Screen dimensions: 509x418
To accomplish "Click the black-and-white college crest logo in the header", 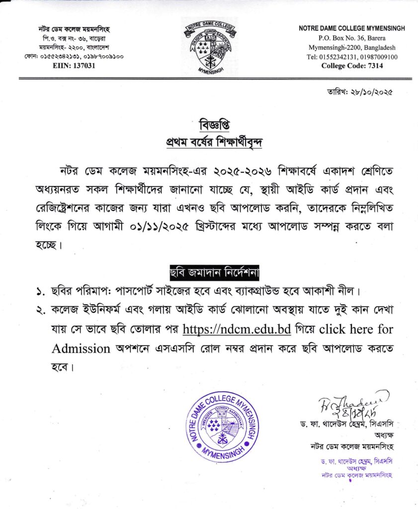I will tap(209, 48).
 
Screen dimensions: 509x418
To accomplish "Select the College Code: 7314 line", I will tap(352, 66).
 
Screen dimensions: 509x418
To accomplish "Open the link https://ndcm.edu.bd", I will tap(237, 329).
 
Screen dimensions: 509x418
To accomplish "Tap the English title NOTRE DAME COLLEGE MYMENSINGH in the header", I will tap(352, 29).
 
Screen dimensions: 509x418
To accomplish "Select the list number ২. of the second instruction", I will tap(40, 310).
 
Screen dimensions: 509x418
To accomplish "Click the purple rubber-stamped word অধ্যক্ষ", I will tap(352, 469).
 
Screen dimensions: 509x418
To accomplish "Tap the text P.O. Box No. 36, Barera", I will tap(352, 38).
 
